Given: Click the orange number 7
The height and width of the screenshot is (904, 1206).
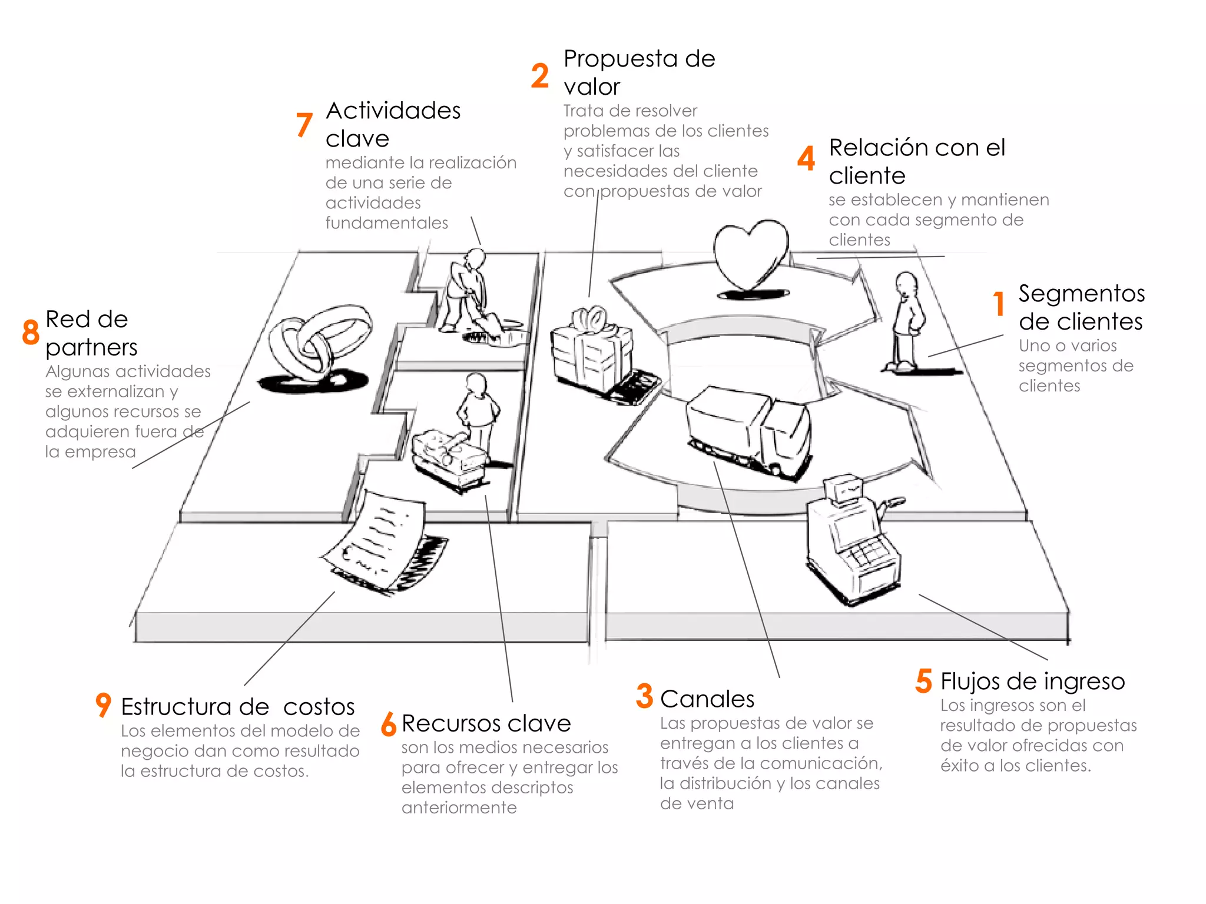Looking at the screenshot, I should (x=304, y=124).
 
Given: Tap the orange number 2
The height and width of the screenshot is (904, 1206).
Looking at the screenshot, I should (x=539, y=76).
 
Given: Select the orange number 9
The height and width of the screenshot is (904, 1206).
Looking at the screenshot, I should (x=103, y=704).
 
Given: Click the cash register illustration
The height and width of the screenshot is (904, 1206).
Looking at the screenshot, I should (x=852, y=541).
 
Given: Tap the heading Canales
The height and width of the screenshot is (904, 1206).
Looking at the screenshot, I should (x=707, y=699).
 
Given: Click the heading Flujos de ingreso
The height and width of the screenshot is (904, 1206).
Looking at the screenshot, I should (x=1032, y=682).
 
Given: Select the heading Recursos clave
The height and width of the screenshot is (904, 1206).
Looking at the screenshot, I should (x=486, y=723).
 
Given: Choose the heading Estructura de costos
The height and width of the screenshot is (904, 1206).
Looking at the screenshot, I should (x=237, y=707).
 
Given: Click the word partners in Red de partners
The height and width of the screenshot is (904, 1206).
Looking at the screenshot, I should (x=91, y=348).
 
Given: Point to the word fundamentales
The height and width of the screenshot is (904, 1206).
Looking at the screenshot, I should (x=386, y=223).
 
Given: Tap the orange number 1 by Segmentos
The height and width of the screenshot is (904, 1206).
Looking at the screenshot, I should (x=999, y=304).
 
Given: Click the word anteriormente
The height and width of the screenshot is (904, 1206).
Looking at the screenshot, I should (x=459, y=807).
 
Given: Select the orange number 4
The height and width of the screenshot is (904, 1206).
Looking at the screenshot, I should (x=806, y=158).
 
